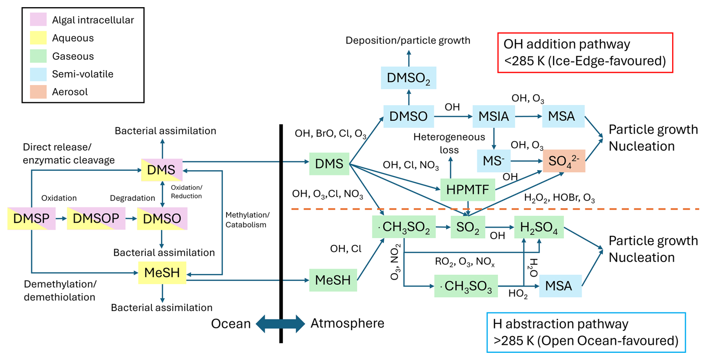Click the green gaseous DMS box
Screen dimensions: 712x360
point(329,164)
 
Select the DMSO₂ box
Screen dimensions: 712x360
point(409,78)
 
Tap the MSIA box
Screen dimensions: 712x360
point(494,116)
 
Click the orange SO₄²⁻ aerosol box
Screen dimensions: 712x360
point(564,161)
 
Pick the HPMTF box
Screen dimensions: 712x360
point(468,190)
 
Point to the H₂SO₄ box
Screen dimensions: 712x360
point(539,227)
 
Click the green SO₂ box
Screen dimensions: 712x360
point(468,227)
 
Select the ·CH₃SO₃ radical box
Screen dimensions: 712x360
point(466,286)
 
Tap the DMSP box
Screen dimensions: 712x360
point(32,218)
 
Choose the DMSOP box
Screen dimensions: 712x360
point(96,218)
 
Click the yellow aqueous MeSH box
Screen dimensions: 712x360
point(162,272)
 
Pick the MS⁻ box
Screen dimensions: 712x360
point(493,161)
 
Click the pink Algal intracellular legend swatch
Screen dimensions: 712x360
point(38,19)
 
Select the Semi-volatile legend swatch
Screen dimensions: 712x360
point(38,74)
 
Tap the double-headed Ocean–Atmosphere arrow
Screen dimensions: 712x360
point(280,324)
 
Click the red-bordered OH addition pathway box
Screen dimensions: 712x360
point(585,53)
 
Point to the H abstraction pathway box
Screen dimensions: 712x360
point(586,333)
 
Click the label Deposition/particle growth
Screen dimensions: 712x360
point(408,40)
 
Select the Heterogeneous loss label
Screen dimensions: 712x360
point(449,143)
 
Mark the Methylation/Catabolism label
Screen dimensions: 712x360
point(248,220)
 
